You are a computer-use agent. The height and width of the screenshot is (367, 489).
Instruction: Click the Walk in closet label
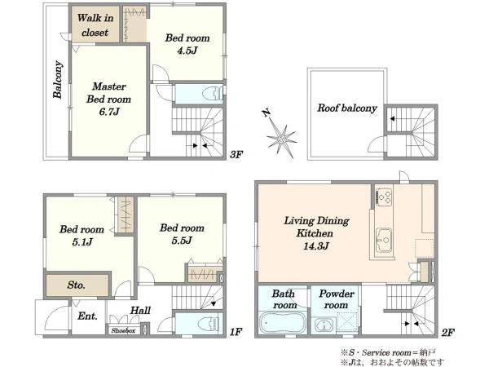(95, 25)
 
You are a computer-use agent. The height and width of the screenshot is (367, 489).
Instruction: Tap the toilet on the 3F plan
(213, 93)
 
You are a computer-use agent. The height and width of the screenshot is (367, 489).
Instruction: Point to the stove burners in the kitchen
(384, 197)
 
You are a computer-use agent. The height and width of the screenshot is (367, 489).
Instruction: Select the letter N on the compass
(266, 113)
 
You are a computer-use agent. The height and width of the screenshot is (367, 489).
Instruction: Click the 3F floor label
(236, 154)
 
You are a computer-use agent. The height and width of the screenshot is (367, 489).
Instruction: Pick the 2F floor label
(447, 333)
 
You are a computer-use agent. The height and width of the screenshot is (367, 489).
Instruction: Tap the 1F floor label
(236, 331)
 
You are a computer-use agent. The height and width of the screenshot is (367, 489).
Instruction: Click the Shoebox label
(124, 331)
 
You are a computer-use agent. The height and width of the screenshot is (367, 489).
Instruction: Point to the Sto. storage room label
(76, 285)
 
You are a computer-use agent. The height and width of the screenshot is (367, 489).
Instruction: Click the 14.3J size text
(316, 246)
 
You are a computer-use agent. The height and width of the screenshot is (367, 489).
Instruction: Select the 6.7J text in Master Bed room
(109, 112)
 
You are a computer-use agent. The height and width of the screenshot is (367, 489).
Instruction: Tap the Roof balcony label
(347, 108)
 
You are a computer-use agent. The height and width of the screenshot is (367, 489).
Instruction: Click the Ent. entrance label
(87, 316)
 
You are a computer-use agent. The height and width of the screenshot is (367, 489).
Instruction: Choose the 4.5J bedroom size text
(187, 51)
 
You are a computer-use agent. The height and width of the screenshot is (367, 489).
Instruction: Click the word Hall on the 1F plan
(140, 311)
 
